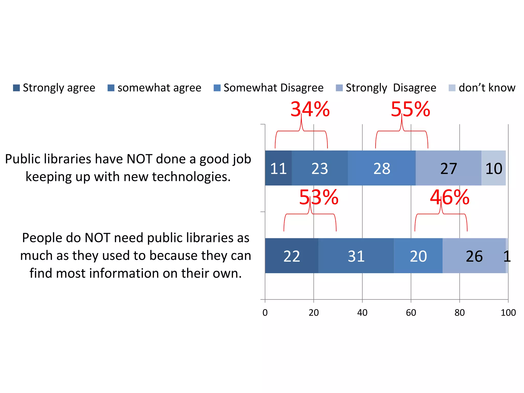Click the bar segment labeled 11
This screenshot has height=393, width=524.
click(278, 168)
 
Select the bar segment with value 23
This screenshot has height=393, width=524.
click(320, 168)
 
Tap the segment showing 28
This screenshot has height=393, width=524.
click(382, 168)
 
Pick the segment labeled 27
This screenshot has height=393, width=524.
click(449, 168)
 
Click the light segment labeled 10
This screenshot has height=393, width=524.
click(494, 168)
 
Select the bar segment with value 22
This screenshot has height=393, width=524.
click(292, 256)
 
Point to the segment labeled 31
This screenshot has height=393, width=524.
click(356, 256)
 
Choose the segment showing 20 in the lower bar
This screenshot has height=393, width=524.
click(418, 256)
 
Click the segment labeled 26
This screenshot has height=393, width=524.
click(474, 256)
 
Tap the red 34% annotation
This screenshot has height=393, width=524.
click(310, 109)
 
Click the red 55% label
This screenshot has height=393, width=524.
click(410, 109)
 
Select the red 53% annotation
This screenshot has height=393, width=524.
click(319, 197)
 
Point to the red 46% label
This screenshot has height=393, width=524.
click(450, 197)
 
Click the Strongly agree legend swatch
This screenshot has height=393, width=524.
click(16, 88)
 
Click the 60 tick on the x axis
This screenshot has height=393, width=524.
click(411, 312)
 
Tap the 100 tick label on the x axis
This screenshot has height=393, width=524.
click(508, 312)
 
